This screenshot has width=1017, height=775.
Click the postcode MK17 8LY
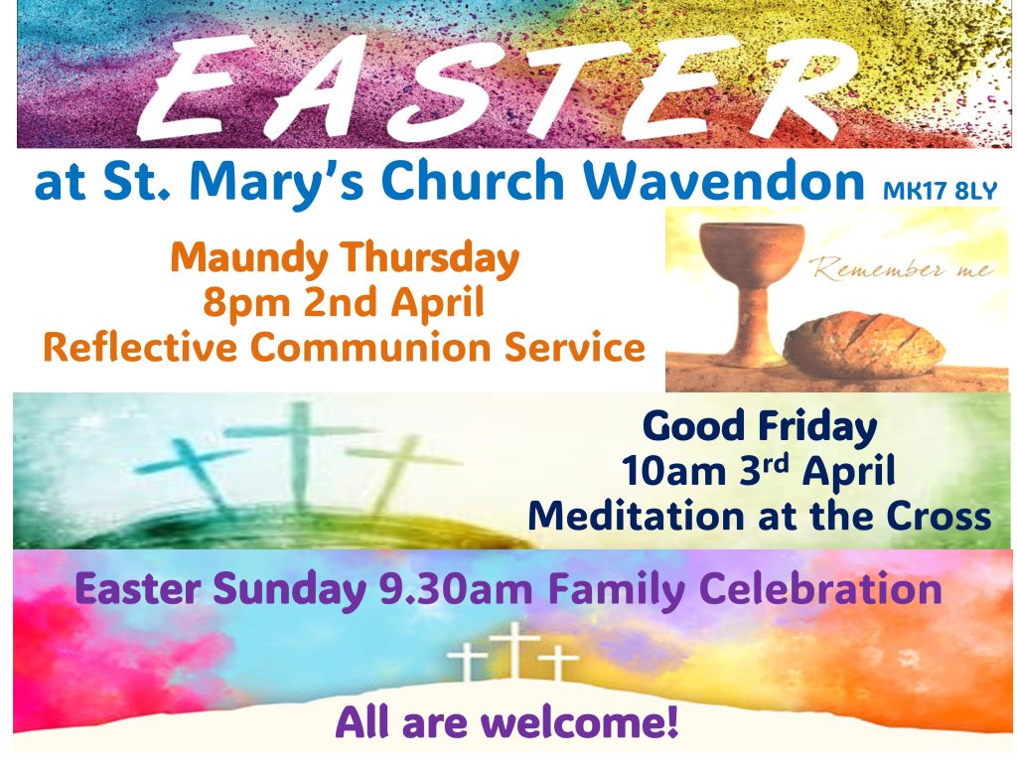coord(940,191)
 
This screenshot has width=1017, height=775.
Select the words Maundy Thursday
coord(345,259)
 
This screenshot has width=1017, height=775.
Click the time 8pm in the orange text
coord(246,303)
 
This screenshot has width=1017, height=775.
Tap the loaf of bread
coord(863,345)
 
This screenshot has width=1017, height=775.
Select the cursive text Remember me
coord(902,268)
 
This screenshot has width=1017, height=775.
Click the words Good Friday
coord(759,427)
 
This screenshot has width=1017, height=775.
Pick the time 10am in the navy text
coord(673,471)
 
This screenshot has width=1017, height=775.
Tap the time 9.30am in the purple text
coord(456,589)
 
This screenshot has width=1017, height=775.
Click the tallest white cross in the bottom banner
coord(514,649)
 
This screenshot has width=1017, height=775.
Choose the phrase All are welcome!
coord(507,722)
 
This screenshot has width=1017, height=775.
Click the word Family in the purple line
coord(616,590)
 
